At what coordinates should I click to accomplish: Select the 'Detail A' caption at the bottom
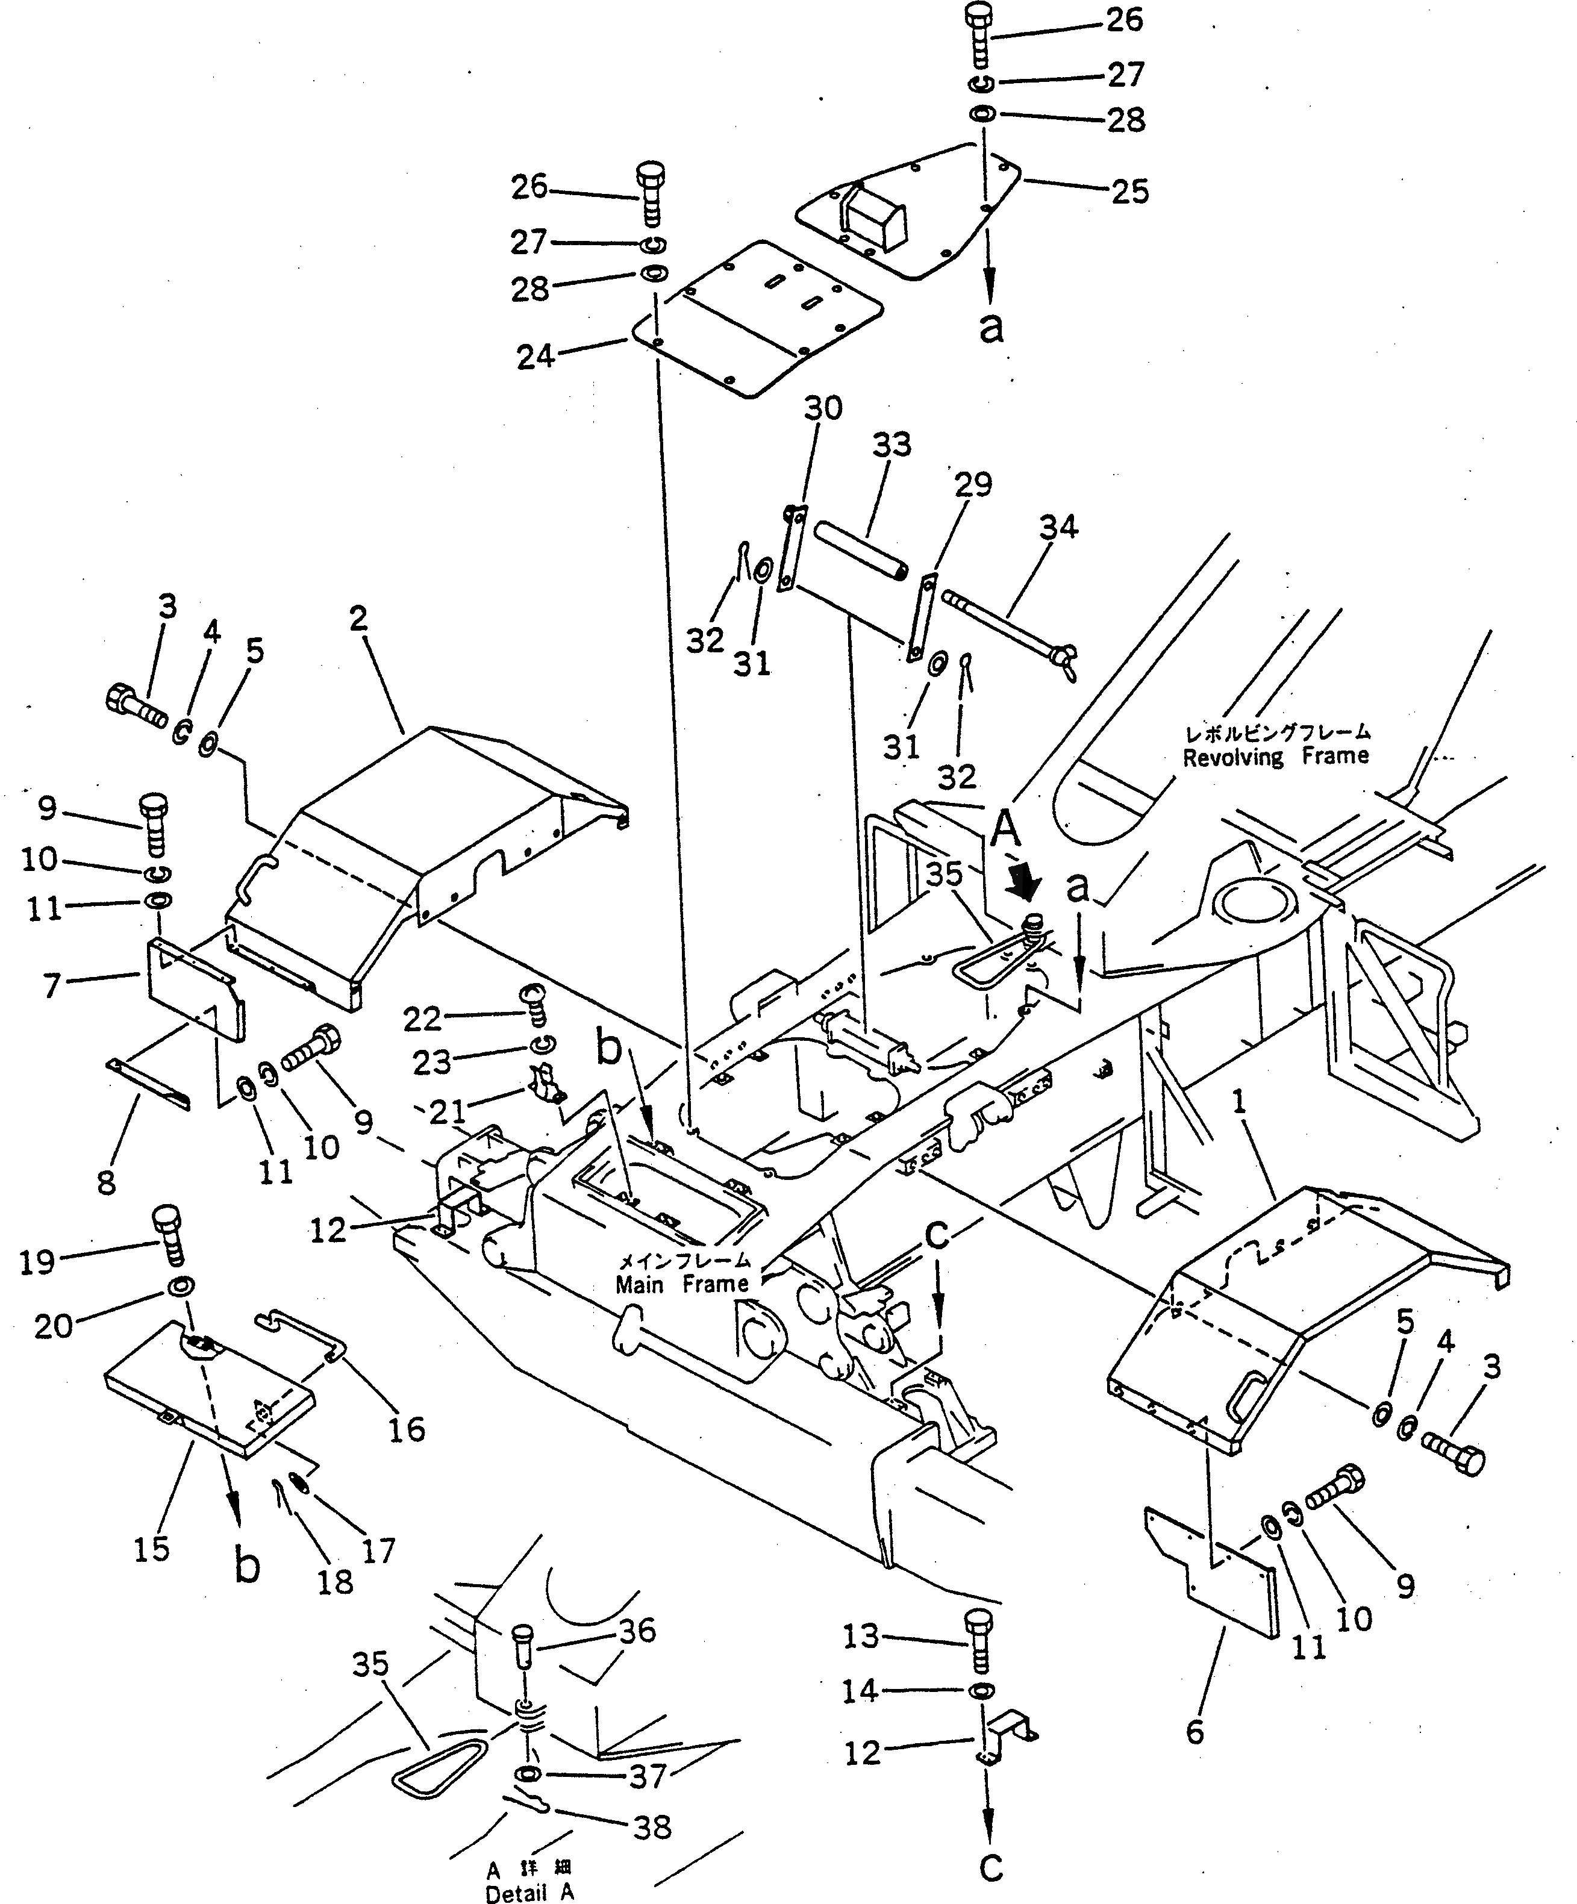click(x=529, y=1892)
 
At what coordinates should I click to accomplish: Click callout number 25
click(x=1129, y=192)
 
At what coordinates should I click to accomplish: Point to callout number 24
click(x=535, y=357)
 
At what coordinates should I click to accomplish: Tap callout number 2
click(x=359, y=619)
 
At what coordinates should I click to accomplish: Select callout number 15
click(x=151, y=1549)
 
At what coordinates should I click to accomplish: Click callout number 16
click(x=406, y=1430)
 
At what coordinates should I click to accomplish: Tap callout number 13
click(x=861, y=1637)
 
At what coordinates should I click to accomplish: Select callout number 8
click(x=107, y=1182)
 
